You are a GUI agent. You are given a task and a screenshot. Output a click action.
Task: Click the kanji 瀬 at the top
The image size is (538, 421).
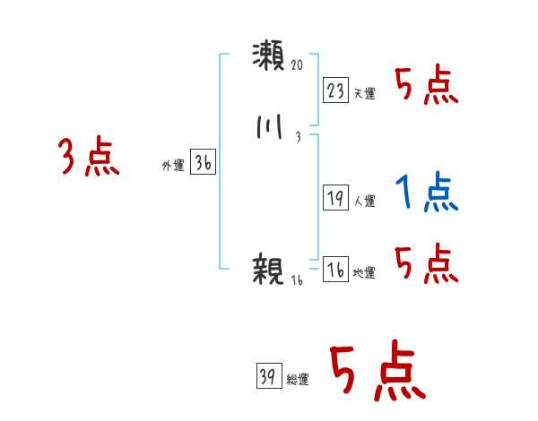(268, 56)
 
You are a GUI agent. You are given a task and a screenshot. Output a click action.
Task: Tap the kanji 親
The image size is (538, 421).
(268, 269)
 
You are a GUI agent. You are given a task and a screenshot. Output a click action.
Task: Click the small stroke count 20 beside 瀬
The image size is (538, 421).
(299, 65)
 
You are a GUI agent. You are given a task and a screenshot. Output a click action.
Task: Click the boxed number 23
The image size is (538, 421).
(335, 90)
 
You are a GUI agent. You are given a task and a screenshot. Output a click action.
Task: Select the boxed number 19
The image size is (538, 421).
(335, 199)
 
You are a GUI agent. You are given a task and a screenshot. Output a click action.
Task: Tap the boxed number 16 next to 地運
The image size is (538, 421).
(335, 270)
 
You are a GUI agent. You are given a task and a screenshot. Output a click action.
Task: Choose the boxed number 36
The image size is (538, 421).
(204, 163)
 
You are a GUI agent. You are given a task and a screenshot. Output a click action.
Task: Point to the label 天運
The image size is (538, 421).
(364, 93)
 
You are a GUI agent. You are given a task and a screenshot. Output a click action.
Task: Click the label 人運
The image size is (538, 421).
(364, 202)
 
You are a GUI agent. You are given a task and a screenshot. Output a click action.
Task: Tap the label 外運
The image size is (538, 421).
(172, 166)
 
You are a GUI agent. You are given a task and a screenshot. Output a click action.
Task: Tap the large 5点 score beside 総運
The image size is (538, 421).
(377, 372)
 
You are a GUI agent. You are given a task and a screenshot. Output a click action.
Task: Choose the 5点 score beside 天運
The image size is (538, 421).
(427, 85)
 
